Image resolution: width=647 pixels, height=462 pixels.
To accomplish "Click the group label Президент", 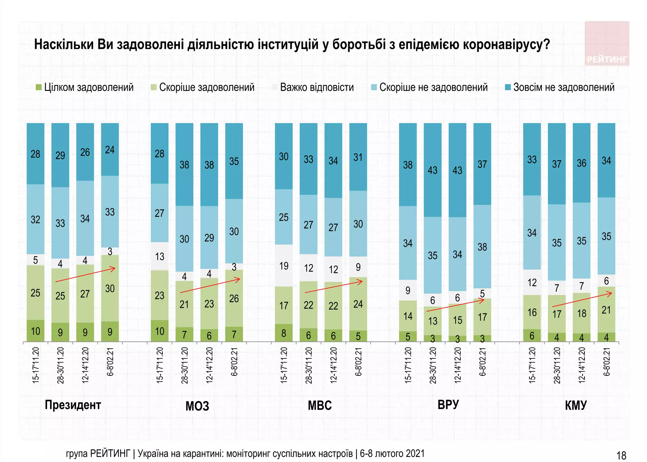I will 73,405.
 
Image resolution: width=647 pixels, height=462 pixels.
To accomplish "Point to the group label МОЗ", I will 197,406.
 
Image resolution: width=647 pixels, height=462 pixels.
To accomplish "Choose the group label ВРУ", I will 448,405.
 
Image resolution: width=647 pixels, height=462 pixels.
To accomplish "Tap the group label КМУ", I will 576,405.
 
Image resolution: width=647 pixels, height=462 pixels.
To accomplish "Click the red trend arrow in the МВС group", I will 334,286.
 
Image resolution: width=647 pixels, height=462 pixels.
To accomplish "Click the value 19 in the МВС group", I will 284,266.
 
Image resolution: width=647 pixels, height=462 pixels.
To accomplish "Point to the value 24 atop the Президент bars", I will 110,150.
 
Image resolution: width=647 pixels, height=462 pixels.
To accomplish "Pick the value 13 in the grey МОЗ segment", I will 160,256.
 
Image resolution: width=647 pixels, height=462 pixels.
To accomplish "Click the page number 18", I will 621,455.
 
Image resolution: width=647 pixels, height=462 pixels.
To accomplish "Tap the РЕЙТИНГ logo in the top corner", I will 607,44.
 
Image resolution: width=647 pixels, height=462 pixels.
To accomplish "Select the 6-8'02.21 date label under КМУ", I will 606,362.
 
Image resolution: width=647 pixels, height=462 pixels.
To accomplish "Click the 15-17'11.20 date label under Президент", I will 36,365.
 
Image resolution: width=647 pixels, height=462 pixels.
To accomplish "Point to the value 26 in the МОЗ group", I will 234,298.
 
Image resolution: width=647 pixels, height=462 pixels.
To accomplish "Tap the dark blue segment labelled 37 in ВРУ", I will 482,164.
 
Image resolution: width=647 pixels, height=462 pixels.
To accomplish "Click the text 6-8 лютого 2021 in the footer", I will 392,453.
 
